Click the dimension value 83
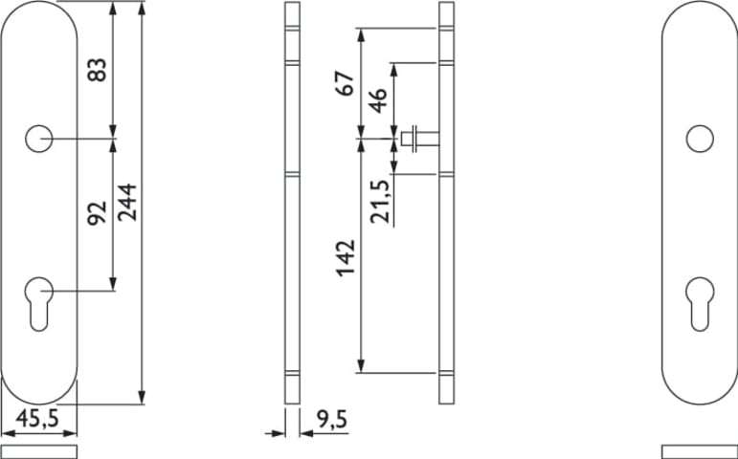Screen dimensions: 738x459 pos(98,70)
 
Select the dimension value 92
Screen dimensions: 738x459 pos(98,213)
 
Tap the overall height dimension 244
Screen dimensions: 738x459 pos(127,202)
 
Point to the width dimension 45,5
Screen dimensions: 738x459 pos(37,418)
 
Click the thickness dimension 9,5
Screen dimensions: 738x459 pos(332,420)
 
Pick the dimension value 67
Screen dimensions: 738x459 pos(345,84)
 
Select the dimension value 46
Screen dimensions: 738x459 pos(377,100)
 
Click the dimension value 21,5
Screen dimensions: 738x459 pos(380,202)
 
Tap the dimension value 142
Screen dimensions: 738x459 pos(346,258)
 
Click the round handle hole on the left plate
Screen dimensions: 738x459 pos(38,139)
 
